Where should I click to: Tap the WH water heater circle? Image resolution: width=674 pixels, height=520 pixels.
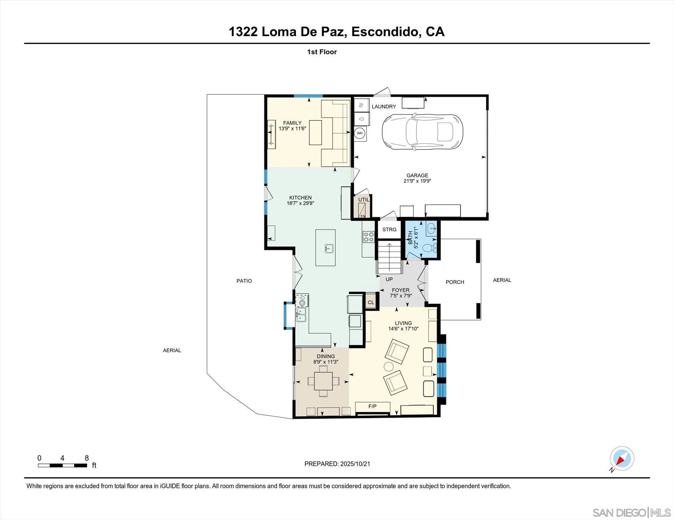[x=360, y=133]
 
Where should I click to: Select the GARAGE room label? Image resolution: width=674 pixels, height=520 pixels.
[x=417, y=175]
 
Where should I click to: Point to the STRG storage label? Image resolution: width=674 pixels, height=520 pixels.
[x=389, y=230]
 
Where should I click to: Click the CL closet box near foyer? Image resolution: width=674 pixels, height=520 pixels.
[x=371, y=302]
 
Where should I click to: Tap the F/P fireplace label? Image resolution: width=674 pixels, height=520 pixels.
[x=372, y=407]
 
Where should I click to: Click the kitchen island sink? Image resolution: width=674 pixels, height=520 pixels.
[x=329, y=249]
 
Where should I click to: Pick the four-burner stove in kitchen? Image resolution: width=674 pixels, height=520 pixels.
[x=368, y=237]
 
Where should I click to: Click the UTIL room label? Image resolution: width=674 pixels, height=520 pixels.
[x=364, y=200]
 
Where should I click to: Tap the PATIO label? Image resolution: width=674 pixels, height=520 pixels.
[x=244, y=281]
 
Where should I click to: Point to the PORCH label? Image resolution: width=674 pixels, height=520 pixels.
[x=455, y=282]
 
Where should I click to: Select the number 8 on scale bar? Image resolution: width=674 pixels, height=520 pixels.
[x=87, y=458]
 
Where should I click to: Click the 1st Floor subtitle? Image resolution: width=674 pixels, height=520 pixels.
[x=322, y=52]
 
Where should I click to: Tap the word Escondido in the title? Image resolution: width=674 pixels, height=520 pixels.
[x=386, y=32]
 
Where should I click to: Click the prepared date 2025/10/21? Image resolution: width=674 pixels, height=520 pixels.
[x=355, y=464]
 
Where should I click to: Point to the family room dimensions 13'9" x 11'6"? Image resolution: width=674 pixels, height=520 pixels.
[x=292, y=129]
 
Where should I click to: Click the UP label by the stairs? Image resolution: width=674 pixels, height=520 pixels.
[x=389, y=279]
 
